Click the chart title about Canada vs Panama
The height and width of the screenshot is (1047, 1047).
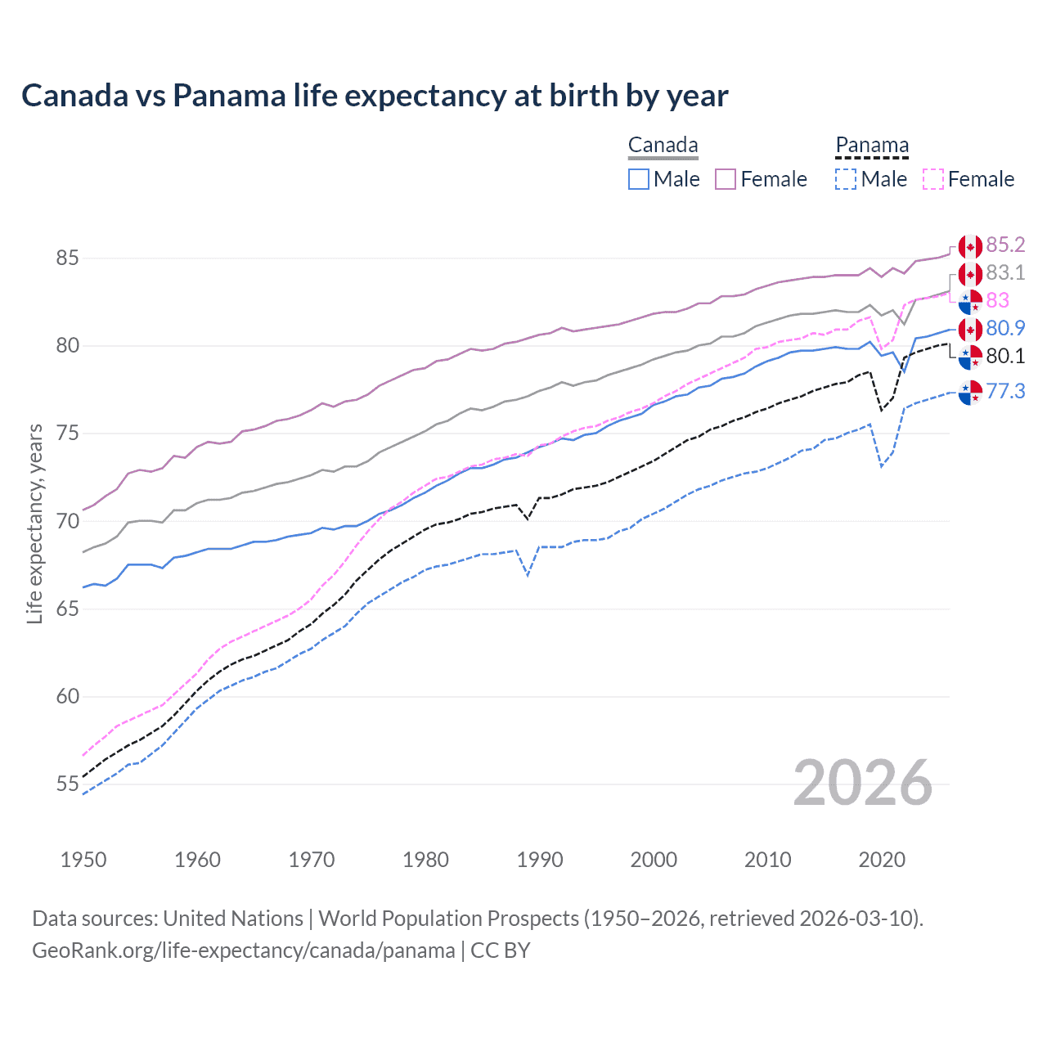coord(375,96)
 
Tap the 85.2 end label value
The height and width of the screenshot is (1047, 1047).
coord(1005,245)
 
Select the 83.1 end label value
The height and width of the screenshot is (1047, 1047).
coord(1005,273)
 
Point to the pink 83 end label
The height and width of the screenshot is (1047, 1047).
coord(998,301)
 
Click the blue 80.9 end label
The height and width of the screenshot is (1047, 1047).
coord(1005,329)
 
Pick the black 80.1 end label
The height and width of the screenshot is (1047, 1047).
coord(1005,357)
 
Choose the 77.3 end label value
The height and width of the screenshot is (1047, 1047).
coord(1005,392)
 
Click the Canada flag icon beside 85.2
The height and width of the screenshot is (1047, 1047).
coord(970,246)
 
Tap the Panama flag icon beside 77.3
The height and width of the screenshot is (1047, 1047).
coord(970,393)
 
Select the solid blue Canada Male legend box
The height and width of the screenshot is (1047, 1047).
coord(639,179)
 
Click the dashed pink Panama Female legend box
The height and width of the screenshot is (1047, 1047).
coord(933,179)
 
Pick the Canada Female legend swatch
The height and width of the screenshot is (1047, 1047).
coord(726,179)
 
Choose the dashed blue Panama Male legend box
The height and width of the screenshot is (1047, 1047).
coord(846,179)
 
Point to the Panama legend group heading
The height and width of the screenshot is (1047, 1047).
coord(872,146)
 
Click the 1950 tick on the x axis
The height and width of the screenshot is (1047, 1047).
coord(83,860)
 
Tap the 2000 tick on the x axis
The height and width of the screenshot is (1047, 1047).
coord(654,860)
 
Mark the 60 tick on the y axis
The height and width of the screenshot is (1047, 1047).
coord(67,697)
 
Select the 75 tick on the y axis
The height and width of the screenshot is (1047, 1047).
coord(67,434)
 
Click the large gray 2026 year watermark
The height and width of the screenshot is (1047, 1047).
coord(863,783)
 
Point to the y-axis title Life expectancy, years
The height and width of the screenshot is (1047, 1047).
coord(35,523)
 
